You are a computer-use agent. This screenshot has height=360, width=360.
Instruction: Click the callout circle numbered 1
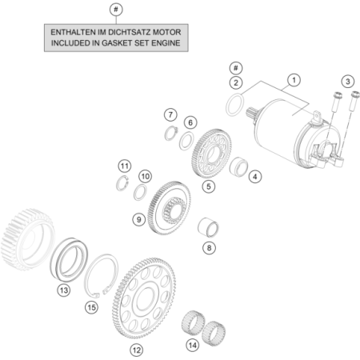294,80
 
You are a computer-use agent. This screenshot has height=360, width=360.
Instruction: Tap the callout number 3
348,82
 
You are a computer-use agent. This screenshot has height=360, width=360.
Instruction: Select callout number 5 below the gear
209,186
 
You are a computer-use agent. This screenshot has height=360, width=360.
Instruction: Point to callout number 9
139,220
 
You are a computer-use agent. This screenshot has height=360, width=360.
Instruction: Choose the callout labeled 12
136,350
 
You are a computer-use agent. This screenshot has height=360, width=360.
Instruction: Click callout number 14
193,346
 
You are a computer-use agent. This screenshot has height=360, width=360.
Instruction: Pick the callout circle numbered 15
91,307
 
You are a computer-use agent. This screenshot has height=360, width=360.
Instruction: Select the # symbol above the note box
116,10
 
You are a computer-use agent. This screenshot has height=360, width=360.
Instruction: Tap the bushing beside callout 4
238,166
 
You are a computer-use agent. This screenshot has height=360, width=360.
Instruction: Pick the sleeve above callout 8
208,227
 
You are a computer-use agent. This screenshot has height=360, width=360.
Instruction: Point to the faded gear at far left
28,239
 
